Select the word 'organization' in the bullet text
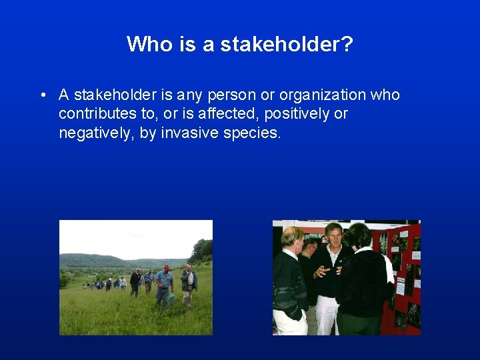coord(324,95)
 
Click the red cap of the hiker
coord(166,267)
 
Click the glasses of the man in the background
coord(309,247)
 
